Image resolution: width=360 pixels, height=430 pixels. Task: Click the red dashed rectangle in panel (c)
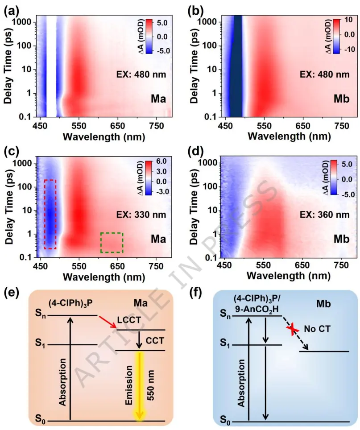pyautogui.click(x=50, y=214)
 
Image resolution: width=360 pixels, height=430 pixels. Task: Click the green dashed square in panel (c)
pyautogui.click(x=112, y=243)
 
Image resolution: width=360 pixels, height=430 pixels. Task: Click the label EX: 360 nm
pyautogui.click(x=327, y=215)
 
